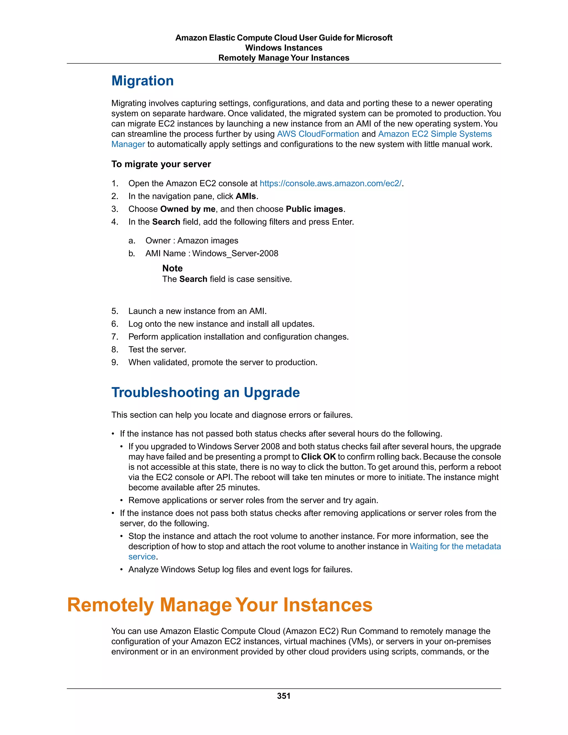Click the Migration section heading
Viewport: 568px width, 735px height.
coord(142,81)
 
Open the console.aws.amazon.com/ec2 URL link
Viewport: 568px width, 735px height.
coord(330,183)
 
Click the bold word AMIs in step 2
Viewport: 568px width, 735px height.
coord(246,196)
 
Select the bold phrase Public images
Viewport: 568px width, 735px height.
coord(314,209)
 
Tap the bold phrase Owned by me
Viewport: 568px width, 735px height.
coord(188,209)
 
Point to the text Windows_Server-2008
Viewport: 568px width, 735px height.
coord(235,254)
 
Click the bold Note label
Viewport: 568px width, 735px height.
coord(172,268)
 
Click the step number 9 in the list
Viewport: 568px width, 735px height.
coord(115,363)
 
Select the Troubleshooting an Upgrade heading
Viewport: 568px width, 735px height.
coord(205,393)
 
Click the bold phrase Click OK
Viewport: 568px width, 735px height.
coord(318,457)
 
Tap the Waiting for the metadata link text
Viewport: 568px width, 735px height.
coord(455,546)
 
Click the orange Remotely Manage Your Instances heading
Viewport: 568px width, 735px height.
coord(220,605)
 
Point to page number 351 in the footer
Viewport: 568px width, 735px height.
coord(284,696)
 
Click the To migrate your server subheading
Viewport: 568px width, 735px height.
coord(161,164)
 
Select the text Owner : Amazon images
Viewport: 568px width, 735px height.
coord(191,241)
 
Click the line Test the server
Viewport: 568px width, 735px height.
coord(157,350)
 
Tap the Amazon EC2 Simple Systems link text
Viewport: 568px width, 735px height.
coord(435,134)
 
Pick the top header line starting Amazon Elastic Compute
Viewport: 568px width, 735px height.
coord(284,38)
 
